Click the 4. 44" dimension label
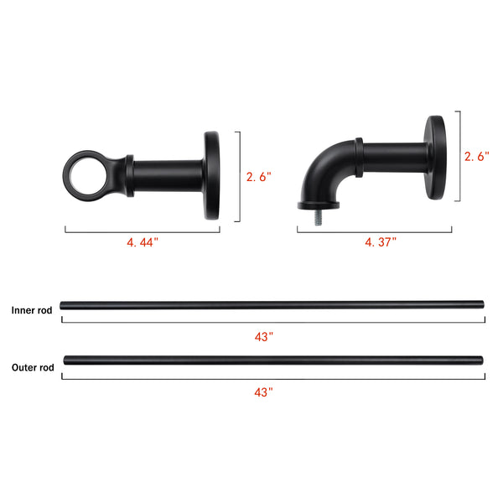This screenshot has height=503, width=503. (143, 242)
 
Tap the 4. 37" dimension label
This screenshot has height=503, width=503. (381, 242)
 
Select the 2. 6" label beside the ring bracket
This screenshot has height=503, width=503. (258, 177)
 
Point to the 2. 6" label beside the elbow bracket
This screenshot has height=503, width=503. (477, 156)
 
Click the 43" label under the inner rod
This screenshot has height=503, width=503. (264, 337)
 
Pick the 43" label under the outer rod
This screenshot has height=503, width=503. (263, 392)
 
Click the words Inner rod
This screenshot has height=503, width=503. (32, 310)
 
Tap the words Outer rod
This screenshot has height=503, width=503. (33, 367)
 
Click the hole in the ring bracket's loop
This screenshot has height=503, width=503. (88, 176)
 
